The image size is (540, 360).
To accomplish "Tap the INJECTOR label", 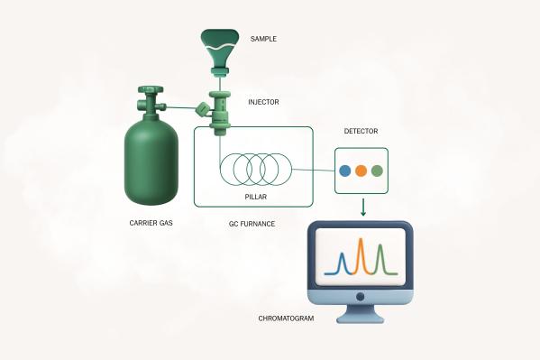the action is coord(263,102).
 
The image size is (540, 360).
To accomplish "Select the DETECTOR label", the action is coord(361,132).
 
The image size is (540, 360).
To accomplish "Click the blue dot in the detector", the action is coord(343,170).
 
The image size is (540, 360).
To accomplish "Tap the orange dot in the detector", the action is coord(361,170).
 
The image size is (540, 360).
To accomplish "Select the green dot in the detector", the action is coord(377,170).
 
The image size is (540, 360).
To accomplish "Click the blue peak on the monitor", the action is coord(343,263).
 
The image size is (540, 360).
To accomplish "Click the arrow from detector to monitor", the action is coord(362,207).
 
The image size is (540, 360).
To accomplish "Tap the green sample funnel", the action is coord(220,45).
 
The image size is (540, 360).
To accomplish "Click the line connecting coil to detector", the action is coord(314,168).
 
